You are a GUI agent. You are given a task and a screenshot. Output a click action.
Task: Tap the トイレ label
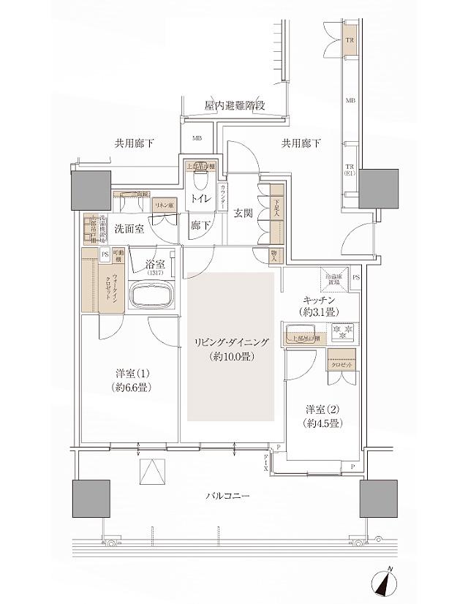click(x=198, y=198)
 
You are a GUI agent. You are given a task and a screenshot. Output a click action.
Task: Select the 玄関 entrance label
click(x=243, y=213)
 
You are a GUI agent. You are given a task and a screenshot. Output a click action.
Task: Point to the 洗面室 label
click(x=127, y=229)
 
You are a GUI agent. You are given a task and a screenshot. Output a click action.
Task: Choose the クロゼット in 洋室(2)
click(x=341, y=362)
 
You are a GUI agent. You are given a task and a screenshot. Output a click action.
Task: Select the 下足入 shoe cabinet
click(x=276, y=212)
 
